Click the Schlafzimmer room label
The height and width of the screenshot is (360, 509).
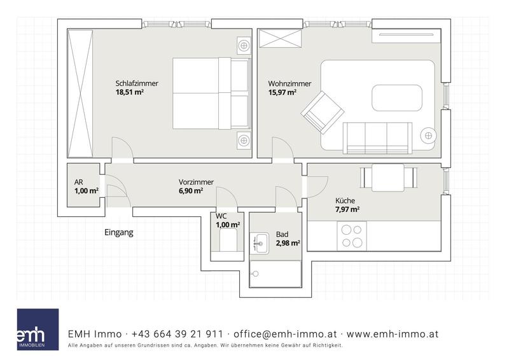[x=137, y=83]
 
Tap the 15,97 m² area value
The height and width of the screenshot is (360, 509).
[x=282, y=92]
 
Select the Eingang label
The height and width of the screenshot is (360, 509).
[x=119, y=232]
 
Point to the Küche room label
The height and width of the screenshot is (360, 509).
[x=345, y=200]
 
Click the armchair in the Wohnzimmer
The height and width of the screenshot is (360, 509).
[x=323, y=113]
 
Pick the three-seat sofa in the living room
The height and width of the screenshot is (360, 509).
[x=377, y=138]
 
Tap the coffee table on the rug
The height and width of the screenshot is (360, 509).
[x=396, y=98]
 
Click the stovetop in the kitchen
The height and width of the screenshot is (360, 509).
[x=352, y=236]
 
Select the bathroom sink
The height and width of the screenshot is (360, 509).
[x=259, y=243]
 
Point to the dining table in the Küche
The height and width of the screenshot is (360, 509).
[x=388, y=177]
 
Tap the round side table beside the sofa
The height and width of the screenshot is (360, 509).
[x=428, y=135]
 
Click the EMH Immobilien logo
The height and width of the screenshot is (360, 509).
[x=38, y=329]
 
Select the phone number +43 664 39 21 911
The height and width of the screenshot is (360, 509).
[x=178, y=334]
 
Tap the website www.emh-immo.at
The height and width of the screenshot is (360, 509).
[x=393, y=334]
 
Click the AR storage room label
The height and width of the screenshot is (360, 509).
[x=78, y=182]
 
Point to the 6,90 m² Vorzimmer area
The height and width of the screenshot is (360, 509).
[x=191, y=191]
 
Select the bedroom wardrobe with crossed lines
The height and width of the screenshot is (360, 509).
[x=80, y=93]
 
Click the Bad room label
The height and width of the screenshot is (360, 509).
[x=282, y=234]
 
